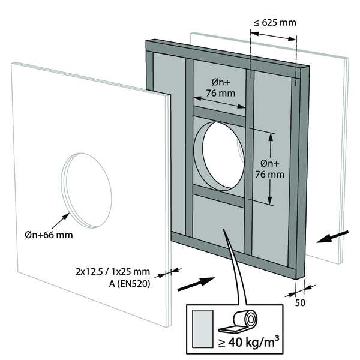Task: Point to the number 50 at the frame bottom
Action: [x=300, y=302]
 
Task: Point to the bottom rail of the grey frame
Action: [x=234, y=254]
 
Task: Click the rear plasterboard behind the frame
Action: [x=327, y=150]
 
